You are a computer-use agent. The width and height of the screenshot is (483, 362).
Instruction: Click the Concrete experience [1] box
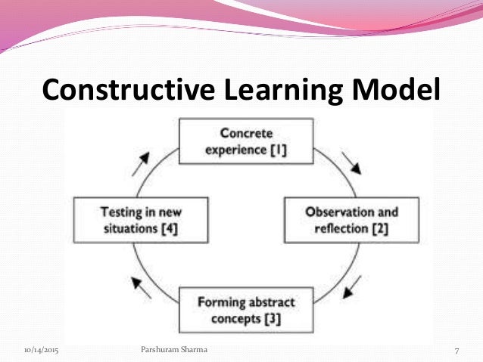click(246, 142)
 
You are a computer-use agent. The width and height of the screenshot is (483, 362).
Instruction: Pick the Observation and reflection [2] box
click(340, 219)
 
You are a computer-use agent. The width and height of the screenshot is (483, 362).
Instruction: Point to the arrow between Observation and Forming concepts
click(353, 286)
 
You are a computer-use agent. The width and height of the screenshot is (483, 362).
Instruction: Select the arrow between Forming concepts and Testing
click(141, 286)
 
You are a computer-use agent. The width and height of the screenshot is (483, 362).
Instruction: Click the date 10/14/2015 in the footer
click(42, 351)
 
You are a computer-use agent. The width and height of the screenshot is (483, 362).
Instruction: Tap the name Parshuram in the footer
click(164, 351)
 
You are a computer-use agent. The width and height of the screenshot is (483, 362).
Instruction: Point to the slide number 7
click(458, 351)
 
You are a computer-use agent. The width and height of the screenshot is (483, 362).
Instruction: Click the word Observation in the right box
click(330, 212)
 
